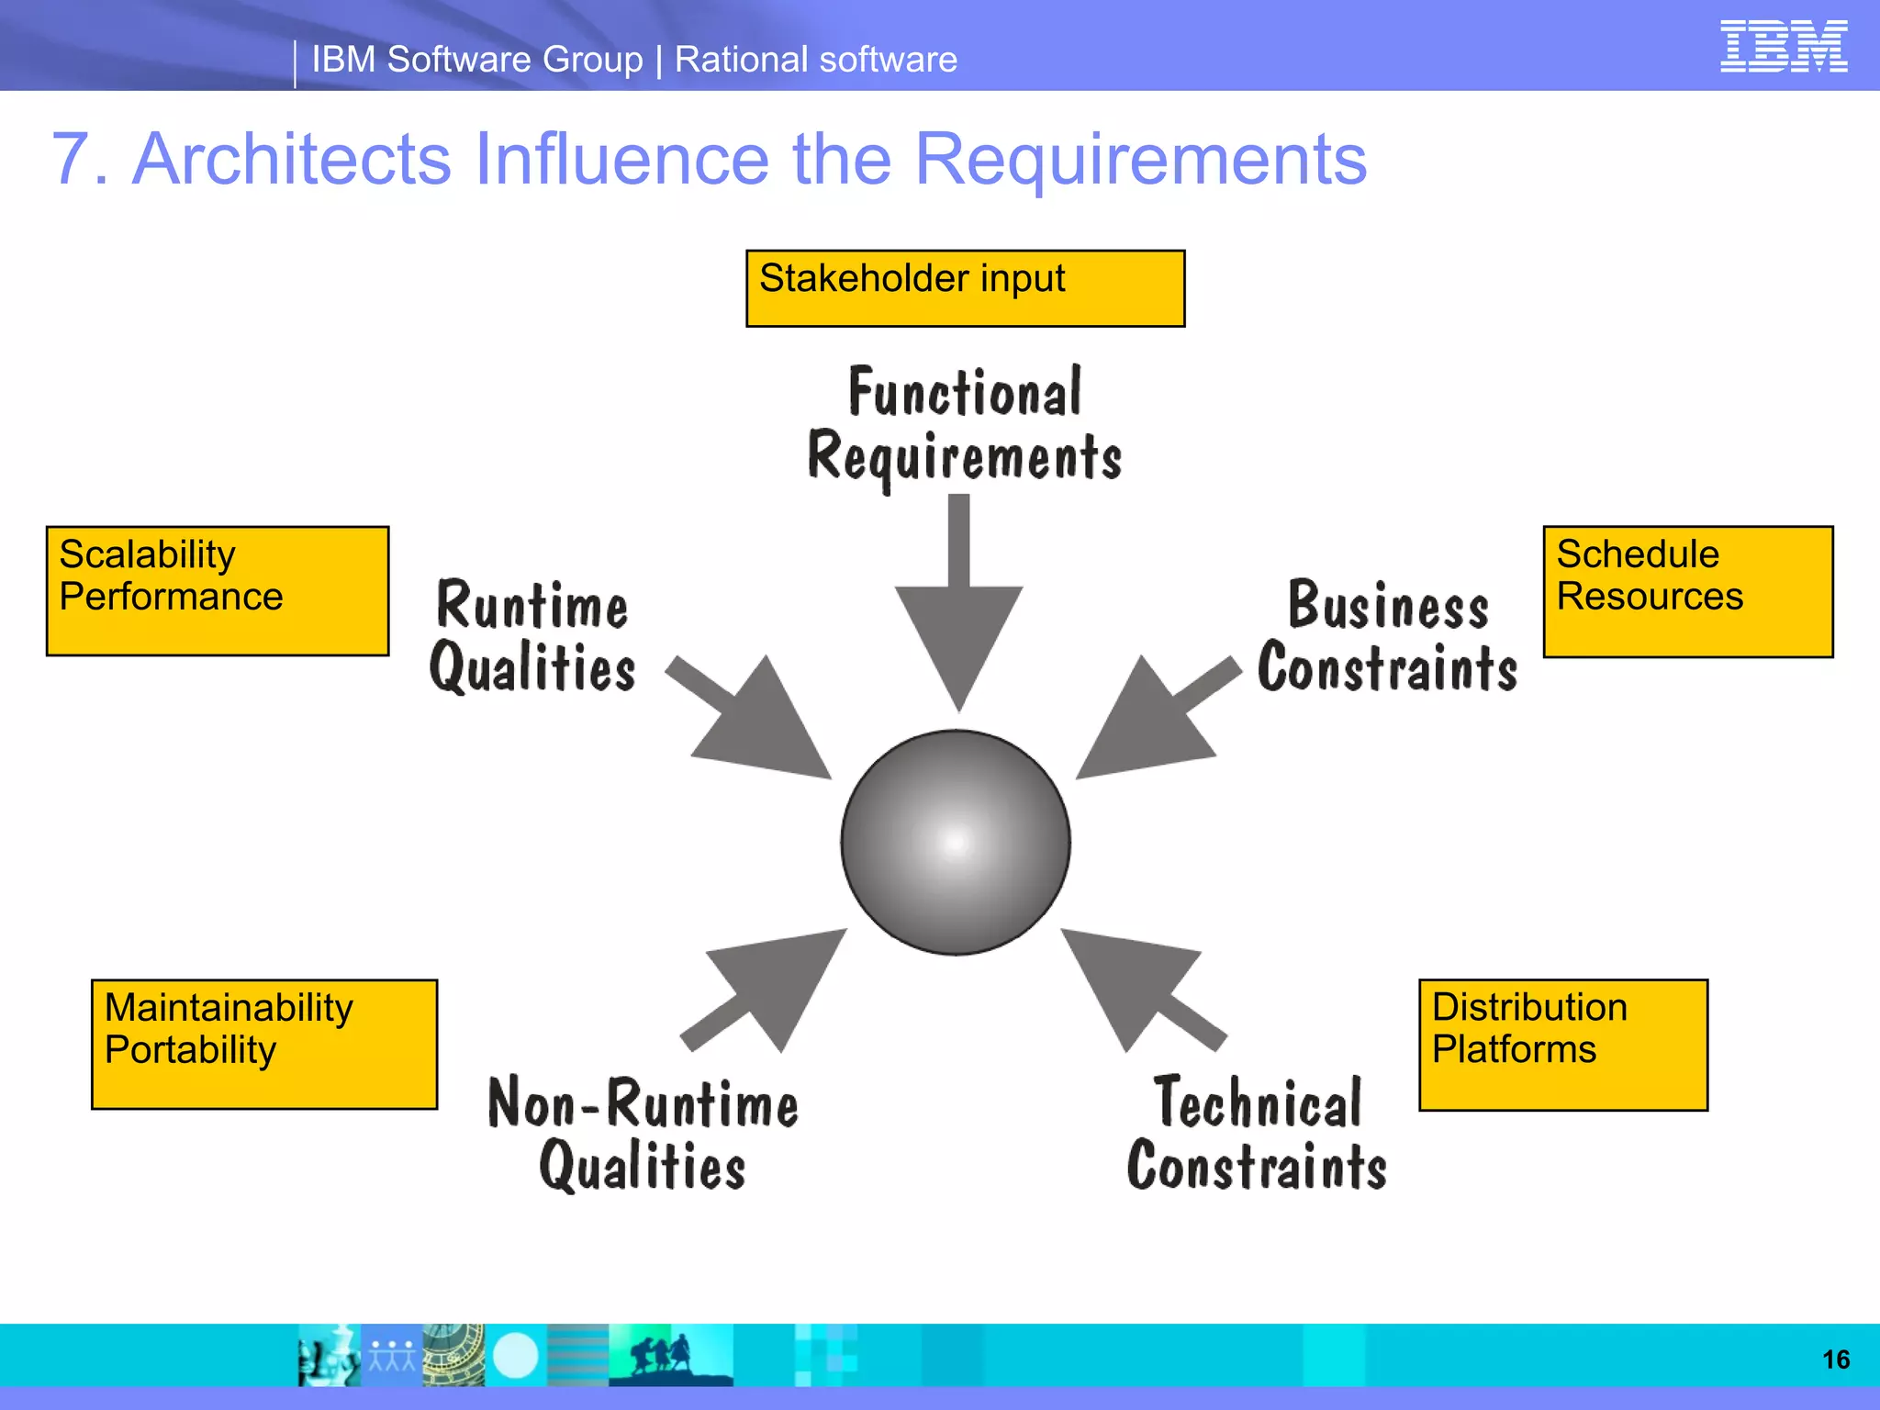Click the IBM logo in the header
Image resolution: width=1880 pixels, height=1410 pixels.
coord(1783,46)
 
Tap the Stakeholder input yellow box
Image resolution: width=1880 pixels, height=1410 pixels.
coord(965,288)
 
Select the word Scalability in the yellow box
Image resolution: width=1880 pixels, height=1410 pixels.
coord(147,554)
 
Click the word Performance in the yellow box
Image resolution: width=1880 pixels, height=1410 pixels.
coord(171,598)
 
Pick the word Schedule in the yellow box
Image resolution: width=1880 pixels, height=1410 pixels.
coord(1638,554)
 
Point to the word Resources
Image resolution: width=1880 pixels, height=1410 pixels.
coord(1650,598)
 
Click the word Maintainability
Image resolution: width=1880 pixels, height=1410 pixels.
coord(229,1008)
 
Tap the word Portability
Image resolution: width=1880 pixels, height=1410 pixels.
coord(190,1050)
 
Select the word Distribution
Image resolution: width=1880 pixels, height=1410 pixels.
coord(1529,1007)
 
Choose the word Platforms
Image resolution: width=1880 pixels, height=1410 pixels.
coord(1514,1050)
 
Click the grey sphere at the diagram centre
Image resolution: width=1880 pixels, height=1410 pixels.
coord(956,842)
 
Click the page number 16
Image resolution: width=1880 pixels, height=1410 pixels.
coord(1835,1360)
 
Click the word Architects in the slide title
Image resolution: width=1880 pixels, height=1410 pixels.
coord(292,159)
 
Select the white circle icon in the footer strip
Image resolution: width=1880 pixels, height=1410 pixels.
coord(516,1356)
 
